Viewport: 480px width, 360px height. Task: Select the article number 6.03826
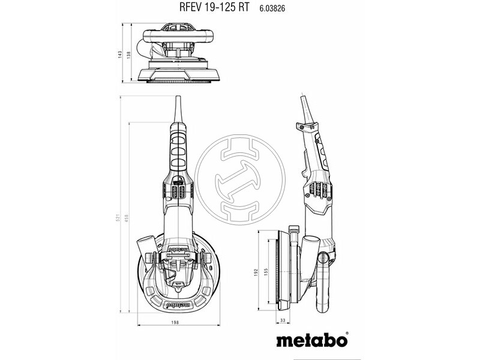[272, 8]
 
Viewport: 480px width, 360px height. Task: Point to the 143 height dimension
[121, 54]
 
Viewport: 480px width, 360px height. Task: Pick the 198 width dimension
[174, 323]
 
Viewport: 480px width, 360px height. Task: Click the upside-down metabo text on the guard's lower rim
[174, 304]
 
